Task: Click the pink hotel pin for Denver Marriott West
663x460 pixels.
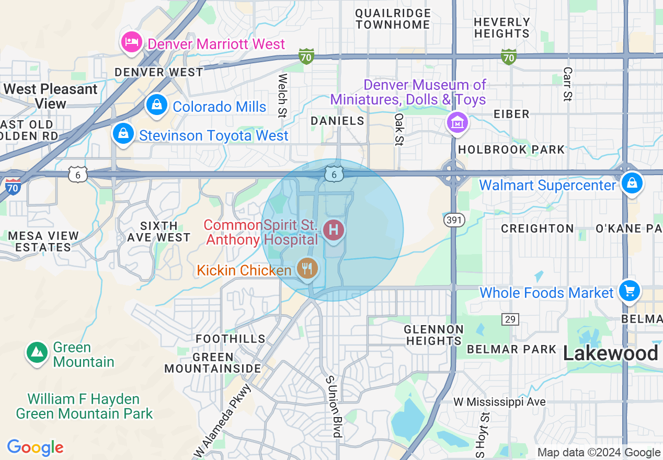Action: pos(131,42)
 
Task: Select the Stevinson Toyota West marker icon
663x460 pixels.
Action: pos(122,134)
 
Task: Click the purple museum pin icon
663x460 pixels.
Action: pos(458,123)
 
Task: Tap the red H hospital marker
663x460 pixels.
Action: pos(334,230)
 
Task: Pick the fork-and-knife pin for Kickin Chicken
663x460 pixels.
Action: pos(307,269)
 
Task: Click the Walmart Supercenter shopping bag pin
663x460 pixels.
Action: pos(632,184)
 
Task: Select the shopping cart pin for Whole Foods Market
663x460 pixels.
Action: pos(629,291)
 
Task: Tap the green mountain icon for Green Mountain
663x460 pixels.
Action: pos(37,353)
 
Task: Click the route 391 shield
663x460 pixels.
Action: pos(453,220)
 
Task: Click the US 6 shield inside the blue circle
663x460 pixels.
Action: pos(334,174)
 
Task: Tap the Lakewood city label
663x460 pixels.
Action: pos(610,354)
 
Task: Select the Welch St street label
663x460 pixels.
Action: pos(283,95)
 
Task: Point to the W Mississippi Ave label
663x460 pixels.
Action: pos(499,401)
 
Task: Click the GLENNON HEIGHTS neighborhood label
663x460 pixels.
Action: pos(433,335)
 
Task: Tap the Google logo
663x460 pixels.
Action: pos(35,448)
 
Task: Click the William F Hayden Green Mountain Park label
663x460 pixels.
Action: pos(84,407)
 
